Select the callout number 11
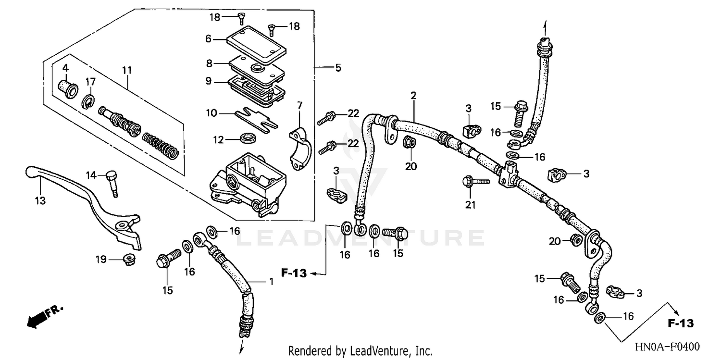126,71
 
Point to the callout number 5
338,68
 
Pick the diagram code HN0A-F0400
666,347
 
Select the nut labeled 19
128,259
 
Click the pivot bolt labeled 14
112,181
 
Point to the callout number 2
412,96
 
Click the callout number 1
271,282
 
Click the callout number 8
209,63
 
